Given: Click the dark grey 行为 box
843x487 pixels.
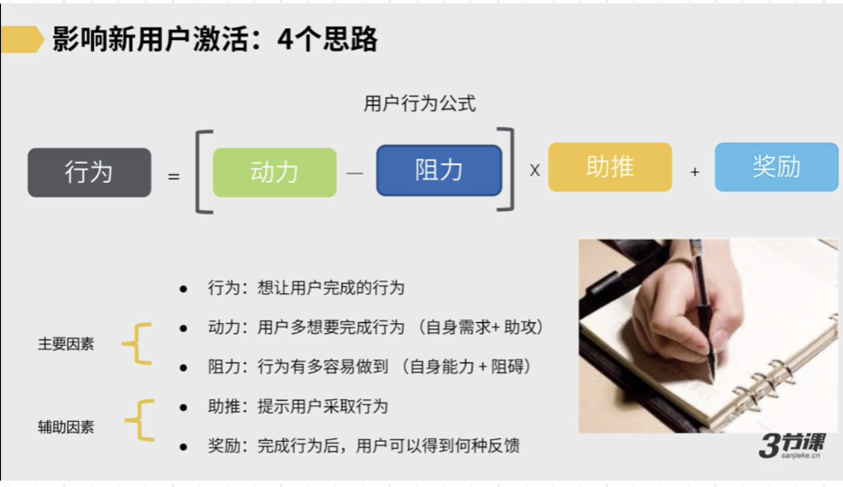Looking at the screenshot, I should tap(90, 172).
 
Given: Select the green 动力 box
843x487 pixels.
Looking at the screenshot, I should tap(274, 172).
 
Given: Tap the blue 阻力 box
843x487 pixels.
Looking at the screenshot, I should tap(439, 170).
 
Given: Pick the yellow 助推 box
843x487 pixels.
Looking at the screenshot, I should tap(610, 167).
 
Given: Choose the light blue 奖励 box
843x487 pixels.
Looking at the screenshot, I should tap(776, 167).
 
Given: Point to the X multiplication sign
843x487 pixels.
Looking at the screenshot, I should tap(535, 170).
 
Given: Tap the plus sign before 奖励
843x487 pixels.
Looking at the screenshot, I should tap(695, 171).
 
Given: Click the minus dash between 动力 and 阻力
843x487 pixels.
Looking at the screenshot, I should tap(355, 172).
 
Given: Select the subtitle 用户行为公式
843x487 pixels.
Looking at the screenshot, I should tap(420, 104).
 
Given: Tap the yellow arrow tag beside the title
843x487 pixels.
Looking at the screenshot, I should tap(22, 40).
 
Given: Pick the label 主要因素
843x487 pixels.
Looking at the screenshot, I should tap(66, 344).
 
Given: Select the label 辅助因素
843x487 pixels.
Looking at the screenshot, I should tap(66, 426).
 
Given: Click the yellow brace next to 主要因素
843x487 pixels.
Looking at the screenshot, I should tap(137, 344).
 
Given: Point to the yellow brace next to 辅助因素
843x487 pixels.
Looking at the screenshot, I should tap(139, 421).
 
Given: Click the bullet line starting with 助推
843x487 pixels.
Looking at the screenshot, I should tap(298, 406).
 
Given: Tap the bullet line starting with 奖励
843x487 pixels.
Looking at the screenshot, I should tap(363, 445).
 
